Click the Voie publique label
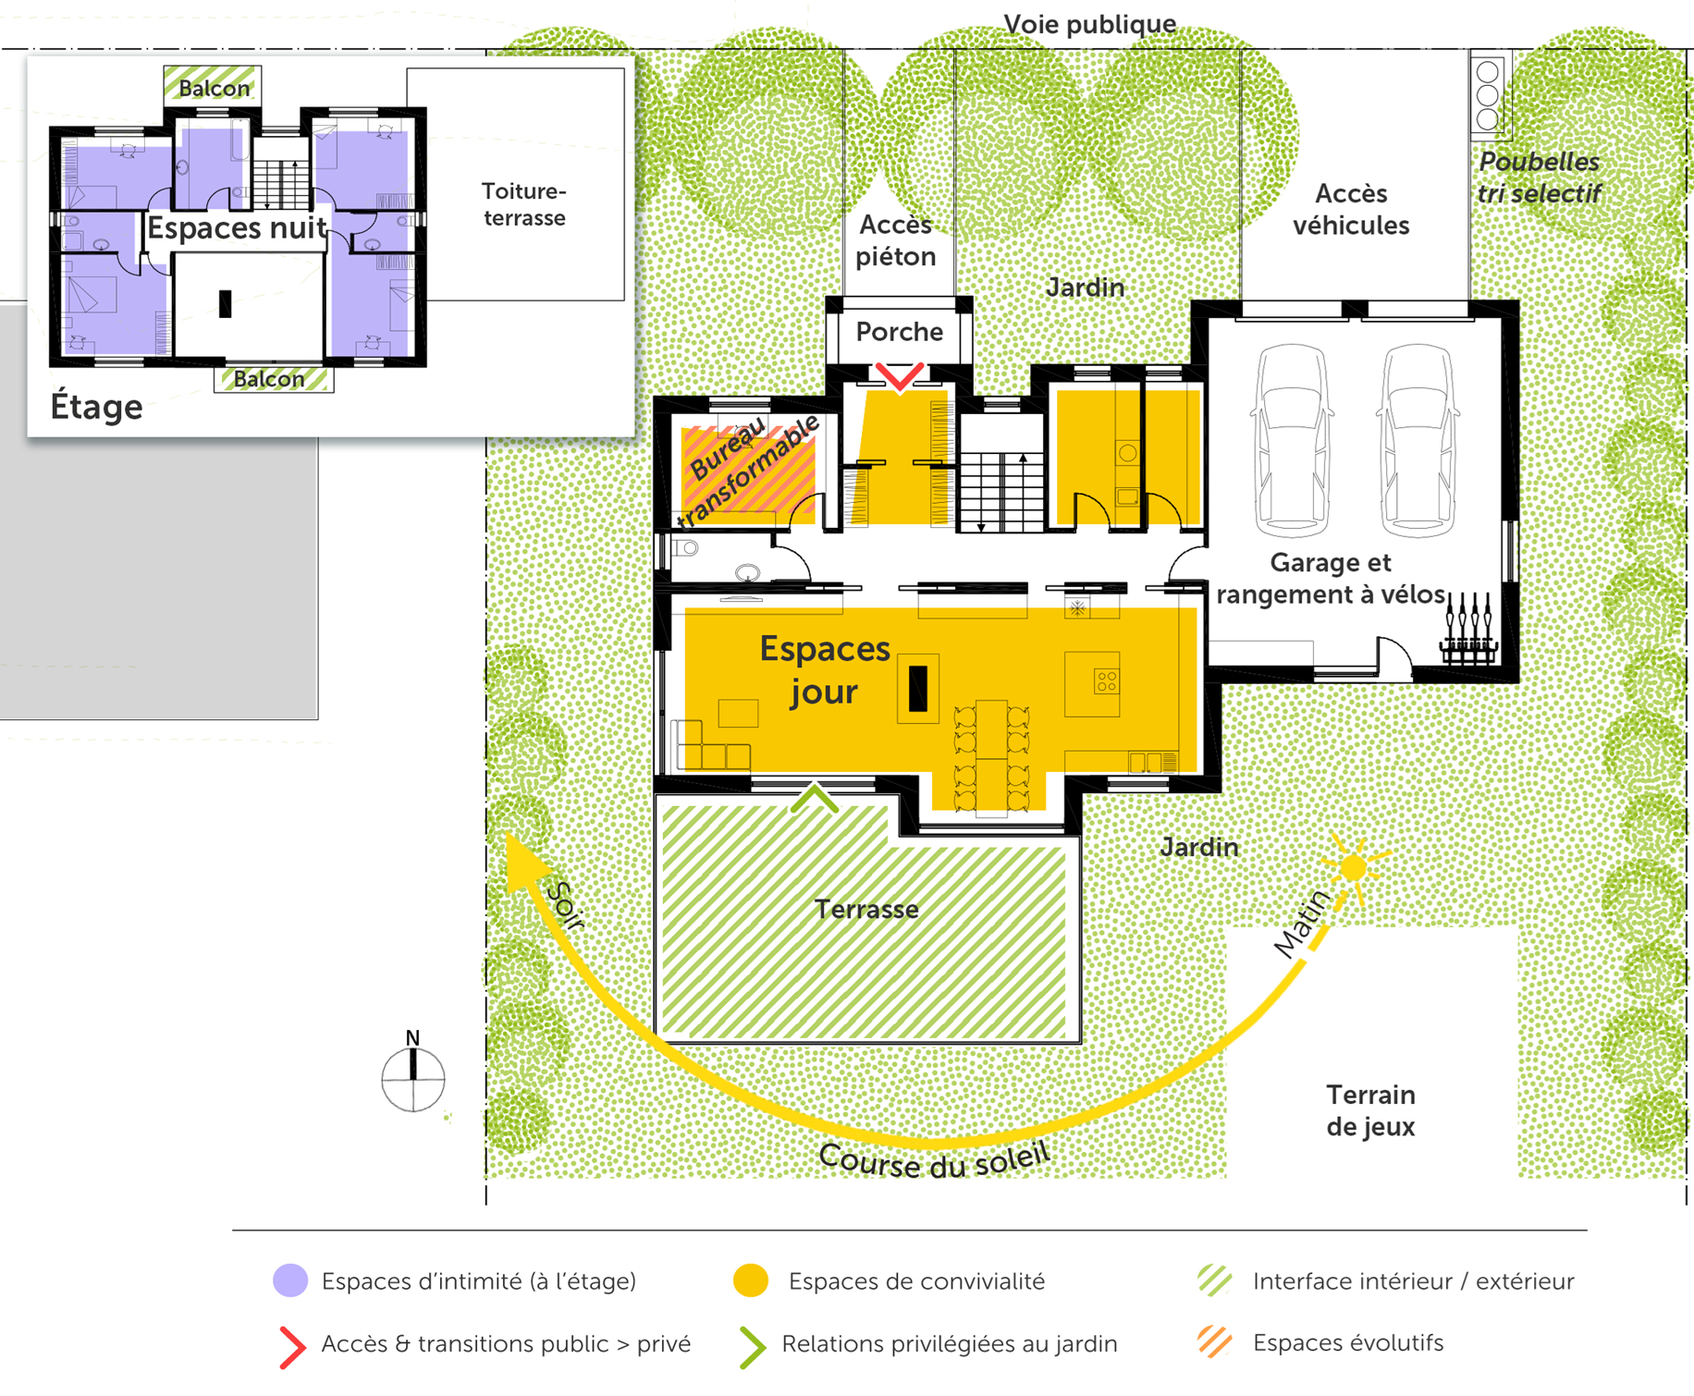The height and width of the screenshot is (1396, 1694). [x=1089, y=23]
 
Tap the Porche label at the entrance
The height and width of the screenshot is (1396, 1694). [x=899, y=332]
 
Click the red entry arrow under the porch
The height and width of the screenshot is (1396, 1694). [x=899, y=376]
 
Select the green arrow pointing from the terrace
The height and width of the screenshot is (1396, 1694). [x=815, y=798]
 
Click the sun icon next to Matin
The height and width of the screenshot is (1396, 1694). [x=1353, y=867]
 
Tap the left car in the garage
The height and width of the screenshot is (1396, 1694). [x=1292, y=441]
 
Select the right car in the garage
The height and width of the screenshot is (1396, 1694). [x=1418, y=441]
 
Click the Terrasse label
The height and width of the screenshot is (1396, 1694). [x=866, y=910]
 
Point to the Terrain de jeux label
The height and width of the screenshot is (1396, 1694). [x=1370, y=1110]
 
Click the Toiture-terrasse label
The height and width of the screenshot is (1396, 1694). [x=523, y=204]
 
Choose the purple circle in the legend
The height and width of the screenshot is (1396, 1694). [x=290, y=1280]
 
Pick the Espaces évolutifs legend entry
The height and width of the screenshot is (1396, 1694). [x=1347, y=1342]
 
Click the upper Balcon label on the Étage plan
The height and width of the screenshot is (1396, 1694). [x=214, y=88]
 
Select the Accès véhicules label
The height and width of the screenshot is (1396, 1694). [x=1351, y=209]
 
